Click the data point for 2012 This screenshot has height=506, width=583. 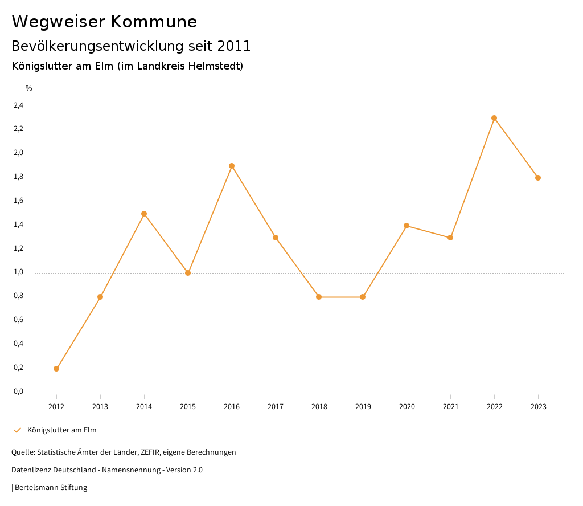tap(56, 369)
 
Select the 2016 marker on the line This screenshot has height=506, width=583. tap(232, 166)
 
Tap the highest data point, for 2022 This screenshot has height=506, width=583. tap(494, 118)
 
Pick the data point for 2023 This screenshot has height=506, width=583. tap(538, 178)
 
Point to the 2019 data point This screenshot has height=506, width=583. tap(363, 297)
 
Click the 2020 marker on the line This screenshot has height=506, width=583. tap(407, 226)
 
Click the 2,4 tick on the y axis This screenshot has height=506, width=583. tap(19, 105)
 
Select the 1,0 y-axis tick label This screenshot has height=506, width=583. tap(19, 272)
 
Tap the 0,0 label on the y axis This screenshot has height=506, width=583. tap(19, 391)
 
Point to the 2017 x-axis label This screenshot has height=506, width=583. tap(276, 406)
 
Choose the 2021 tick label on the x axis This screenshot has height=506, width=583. tap(450, 406)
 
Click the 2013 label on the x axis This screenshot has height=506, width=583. tap(100, 406)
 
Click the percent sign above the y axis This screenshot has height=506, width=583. tap(29, 88)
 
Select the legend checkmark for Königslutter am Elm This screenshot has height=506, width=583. tap(17, 430)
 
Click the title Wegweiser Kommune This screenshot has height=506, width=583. tap(104, 22)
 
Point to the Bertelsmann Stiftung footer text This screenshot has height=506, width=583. tap(51, 488)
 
